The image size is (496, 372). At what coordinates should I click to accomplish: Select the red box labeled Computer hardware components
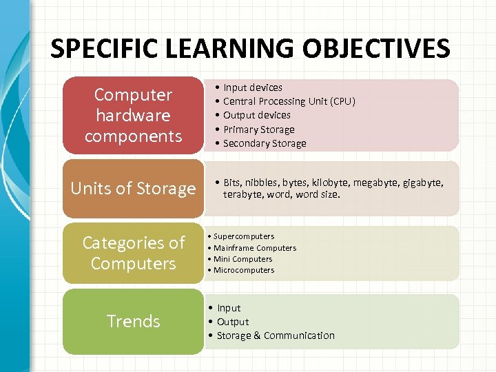pyautogui.click(x=133, y=115)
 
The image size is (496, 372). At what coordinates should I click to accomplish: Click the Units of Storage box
pyautogui.click(x=133, y=188)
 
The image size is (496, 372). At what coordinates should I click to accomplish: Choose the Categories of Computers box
pyautogui.click(x=133, y=253)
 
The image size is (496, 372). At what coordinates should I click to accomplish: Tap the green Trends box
pyautogui.click(x=133, y=321)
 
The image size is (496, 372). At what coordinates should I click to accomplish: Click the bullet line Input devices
pyautogui.click(x=252, y=87)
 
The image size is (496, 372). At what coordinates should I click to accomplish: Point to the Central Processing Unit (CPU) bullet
pyautogui.click(x=289, y=101)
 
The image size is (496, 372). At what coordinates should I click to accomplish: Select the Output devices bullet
pyautogui.click(x=256, y=115)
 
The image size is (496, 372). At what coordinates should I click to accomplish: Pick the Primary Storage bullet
pyautogui.click(x=258, y=130)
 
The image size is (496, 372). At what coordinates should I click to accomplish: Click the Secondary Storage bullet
pyautogui.click(x=265, y=143)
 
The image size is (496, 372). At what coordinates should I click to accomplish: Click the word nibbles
pyautogui.click(x=268, y=183)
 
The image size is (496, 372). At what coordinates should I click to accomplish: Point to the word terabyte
pyautogui.click(x=245, y=194)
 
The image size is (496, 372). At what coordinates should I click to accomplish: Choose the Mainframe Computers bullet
pyautogui.click(x=254, y=248)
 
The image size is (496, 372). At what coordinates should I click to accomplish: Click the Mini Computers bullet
pyautogui.click(x=242, y=259)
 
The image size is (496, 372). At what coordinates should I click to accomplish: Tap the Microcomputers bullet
pyautogui.click(x=243, y=270)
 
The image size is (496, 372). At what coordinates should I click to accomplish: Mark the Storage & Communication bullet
pyautogui.click(x=275, y=335)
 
